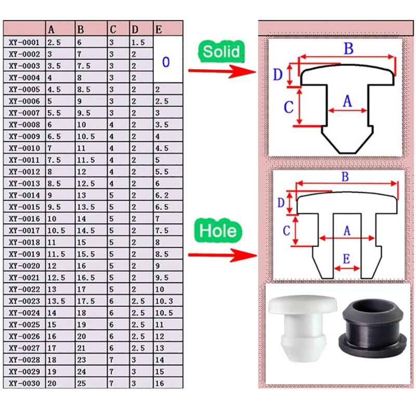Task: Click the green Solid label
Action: (221, 51)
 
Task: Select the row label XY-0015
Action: (24, 207)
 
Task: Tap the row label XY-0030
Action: (24, 383)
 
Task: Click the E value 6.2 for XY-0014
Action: (162, 196)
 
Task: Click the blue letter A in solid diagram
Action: (347, 101)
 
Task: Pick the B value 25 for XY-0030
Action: (82, 383)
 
